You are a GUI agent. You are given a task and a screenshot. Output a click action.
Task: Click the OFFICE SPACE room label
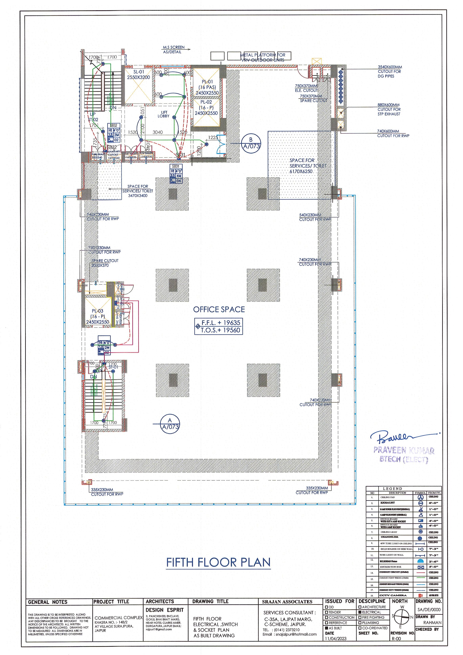[x=219, y=310]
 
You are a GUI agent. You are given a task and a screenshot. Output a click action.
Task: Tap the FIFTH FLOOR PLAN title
[x=218, y=562]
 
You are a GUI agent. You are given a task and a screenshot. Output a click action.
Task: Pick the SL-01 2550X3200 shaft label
[x=139, y=75]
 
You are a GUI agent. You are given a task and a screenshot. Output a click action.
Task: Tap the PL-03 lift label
[x=98, y=316]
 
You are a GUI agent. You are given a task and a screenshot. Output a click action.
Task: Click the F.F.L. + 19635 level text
[x=221, y=323]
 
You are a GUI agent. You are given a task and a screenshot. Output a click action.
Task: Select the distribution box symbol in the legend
[x=421, y=567]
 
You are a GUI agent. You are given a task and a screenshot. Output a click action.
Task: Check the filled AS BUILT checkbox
[x=327, y=628]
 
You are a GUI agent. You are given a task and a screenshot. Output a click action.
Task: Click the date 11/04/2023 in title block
[x=336, y=639]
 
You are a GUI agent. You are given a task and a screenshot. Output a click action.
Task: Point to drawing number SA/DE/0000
[x=429, y=610]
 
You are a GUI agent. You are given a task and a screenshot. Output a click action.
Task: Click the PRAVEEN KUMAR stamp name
[x=404, y=451]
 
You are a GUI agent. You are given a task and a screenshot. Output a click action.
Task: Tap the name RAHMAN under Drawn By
[x=432, y=623]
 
